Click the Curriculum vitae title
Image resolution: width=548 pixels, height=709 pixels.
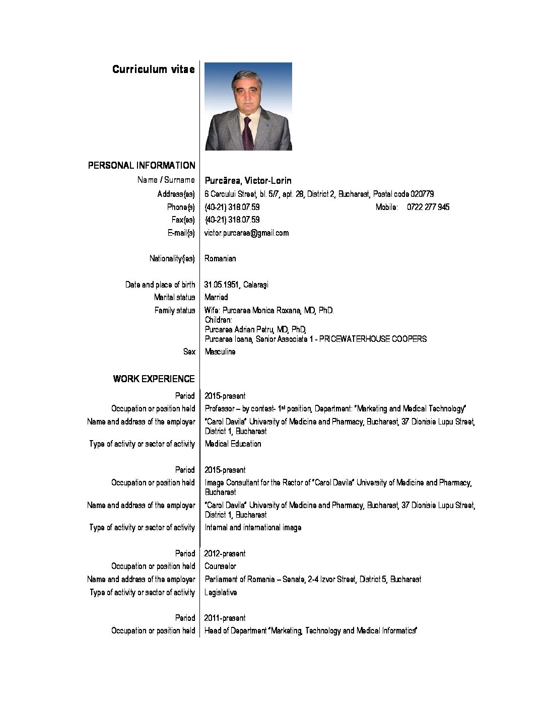coord(153,69)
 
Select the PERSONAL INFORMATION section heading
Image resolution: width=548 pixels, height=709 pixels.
coord(142,165)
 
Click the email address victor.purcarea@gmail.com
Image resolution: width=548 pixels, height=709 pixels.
coord(247,233)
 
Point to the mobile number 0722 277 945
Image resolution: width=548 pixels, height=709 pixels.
coord(428,207)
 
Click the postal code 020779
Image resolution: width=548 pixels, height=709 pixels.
coord(422,194)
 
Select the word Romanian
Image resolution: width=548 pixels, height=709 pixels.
coord(220,258)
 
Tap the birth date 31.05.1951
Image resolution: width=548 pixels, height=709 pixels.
coord(221,285)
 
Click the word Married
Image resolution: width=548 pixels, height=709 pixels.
coord(216,297)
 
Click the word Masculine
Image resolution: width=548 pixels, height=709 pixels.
coord(220,351)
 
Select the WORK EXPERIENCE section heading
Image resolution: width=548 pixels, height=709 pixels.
coord(154,379)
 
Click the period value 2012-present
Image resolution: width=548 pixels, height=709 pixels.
coord(225,553)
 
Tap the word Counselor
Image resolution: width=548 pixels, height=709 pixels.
coord(220,566)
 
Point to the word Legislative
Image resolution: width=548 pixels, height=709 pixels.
coord(221,592)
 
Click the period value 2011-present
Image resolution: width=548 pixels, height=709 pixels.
coord(225,618)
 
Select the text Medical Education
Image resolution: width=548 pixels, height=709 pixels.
coord(233,444)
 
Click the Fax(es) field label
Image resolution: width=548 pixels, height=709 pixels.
coord(183,220)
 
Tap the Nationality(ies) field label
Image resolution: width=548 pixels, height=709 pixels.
coord(172,258)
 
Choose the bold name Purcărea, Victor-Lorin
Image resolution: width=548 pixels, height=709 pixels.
coord(248,180)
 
